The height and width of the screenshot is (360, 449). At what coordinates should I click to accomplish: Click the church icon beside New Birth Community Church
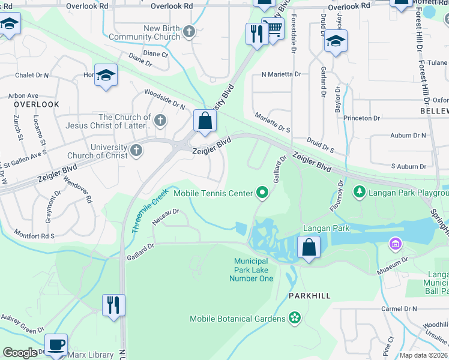pyautogui.click(x=189, y=31)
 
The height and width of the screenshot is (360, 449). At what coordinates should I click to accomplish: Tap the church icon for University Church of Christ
pyautogui.click(x=136, y=150)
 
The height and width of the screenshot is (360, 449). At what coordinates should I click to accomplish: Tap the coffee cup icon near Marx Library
pyautogui.click(x=56, y=345)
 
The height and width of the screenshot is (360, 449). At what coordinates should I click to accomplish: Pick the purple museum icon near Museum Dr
pyautogui.click(x=395, y=244)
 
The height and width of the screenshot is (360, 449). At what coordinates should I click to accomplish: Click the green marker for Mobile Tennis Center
pyautogui.click(x=262, y=193)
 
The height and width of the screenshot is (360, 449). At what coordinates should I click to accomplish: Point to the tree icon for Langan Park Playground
pyautogui.click(x=360, y=191)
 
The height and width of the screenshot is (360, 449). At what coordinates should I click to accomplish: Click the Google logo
pyautogui.click(x=20, y=353)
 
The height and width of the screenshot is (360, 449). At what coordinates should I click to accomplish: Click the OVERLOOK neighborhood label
pyautogui.click(x=37, y=104)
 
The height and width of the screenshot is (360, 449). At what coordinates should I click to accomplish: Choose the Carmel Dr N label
pyautogui.click(x=399, y=309)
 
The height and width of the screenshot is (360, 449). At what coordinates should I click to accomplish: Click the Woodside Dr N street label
pyautogui.click(x=164, y=98)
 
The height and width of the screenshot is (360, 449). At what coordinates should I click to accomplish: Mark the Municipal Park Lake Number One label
pyautogui.click(x=253, y=270)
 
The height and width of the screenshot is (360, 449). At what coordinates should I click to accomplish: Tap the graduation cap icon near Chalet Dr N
pyautogui.click(x=106, y=75)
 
